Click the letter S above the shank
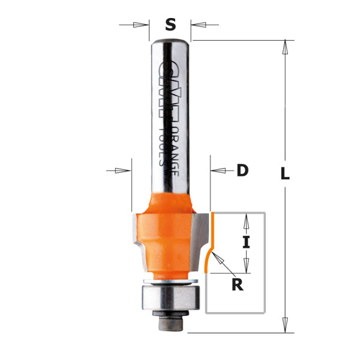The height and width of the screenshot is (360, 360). click(x=170, y=25)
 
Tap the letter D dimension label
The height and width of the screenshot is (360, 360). click(x=242, y=171)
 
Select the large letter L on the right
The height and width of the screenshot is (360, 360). click(x=285, y=175)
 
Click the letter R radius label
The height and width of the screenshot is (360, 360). click(x=238, y=285)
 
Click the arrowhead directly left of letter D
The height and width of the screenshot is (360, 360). click(x=218, y=171)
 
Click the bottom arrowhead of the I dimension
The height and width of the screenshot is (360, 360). click(x=245, y=265)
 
